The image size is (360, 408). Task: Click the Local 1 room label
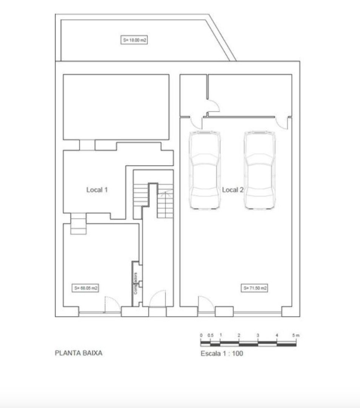97,190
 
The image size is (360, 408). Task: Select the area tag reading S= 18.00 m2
134,40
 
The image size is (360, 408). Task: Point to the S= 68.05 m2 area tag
86,288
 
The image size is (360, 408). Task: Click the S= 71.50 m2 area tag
255,288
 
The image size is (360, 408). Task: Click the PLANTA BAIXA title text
78,353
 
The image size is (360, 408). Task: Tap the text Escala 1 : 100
222,354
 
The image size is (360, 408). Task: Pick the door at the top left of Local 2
196,123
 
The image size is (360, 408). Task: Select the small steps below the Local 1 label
78,224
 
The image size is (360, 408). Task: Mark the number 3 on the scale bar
258,335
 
